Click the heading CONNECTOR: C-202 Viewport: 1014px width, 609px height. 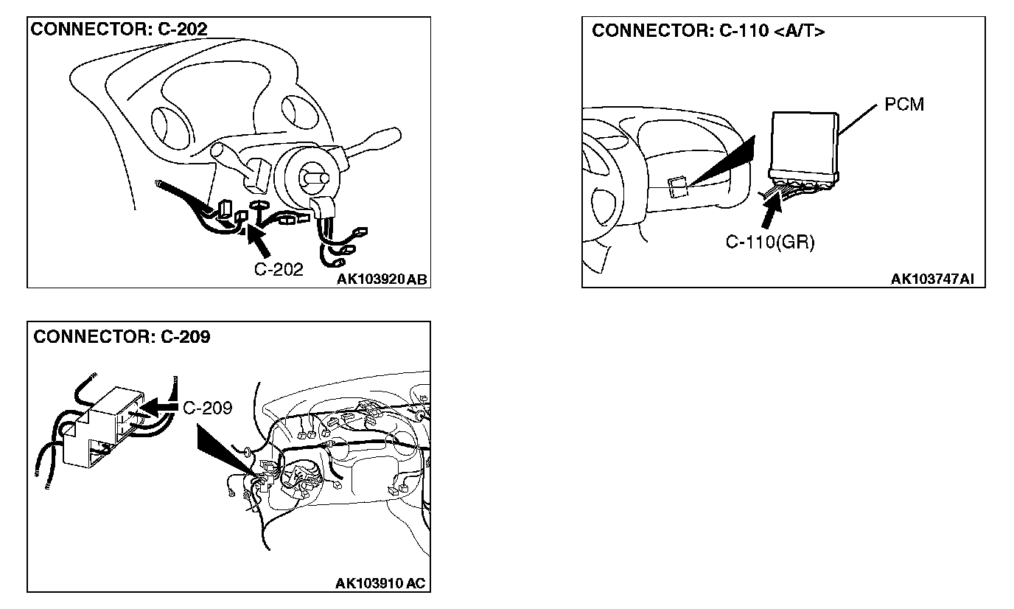[x=119, y=29]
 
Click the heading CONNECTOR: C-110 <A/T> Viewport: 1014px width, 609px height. [x=708, y=31]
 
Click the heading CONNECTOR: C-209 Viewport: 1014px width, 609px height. [x=122, y=337]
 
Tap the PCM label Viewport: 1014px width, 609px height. [x=903, y=105]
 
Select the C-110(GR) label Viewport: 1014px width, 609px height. [x=770, y=243]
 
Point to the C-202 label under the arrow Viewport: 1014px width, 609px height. [x=279, y=269]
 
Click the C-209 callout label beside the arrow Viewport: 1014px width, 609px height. [x=207, y=408]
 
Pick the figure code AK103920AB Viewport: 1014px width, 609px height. [x=382, y=279]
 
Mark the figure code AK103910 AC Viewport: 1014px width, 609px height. [x=380, y=584]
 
